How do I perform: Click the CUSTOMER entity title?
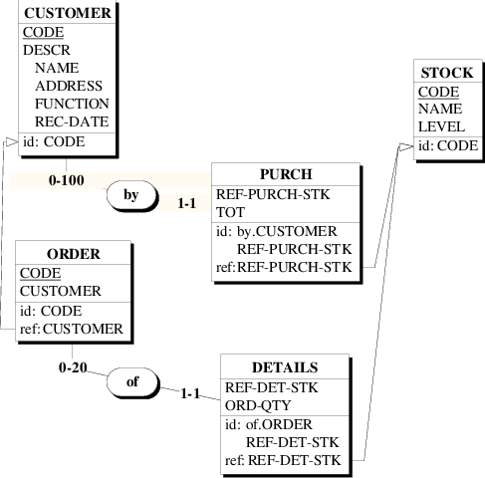[x=67, y=14]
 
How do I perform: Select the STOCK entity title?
[x=447, y=74]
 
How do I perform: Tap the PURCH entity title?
[x=286, y=174]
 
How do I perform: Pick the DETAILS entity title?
[x=284, y=367]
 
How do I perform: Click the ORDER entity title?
[x=74, y=254]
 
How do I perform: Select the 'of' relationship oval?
[x=131, y=380]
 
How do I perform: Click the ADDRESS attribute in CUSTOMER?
[x=68, y=86]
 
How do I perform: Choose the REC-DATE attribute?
[x=72, y=121]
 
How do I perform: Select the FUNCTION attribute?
[x=72, y=104]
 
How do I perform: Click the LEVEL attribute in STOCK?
[x=441, y=127]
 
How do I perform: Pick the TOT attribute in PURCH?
[x=228, y=212]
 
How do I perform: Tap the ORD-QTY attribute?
[x=255, y=405]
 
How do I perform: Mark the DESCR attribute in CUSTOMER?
[x=46, y=50]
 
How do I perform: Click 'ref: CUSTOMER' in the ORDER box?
[x=71, y=328]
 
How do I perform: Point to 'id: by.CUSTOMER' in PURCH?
[x=263, y=231]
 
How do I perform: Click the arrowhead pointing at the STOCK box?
[x=404, y=146]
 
